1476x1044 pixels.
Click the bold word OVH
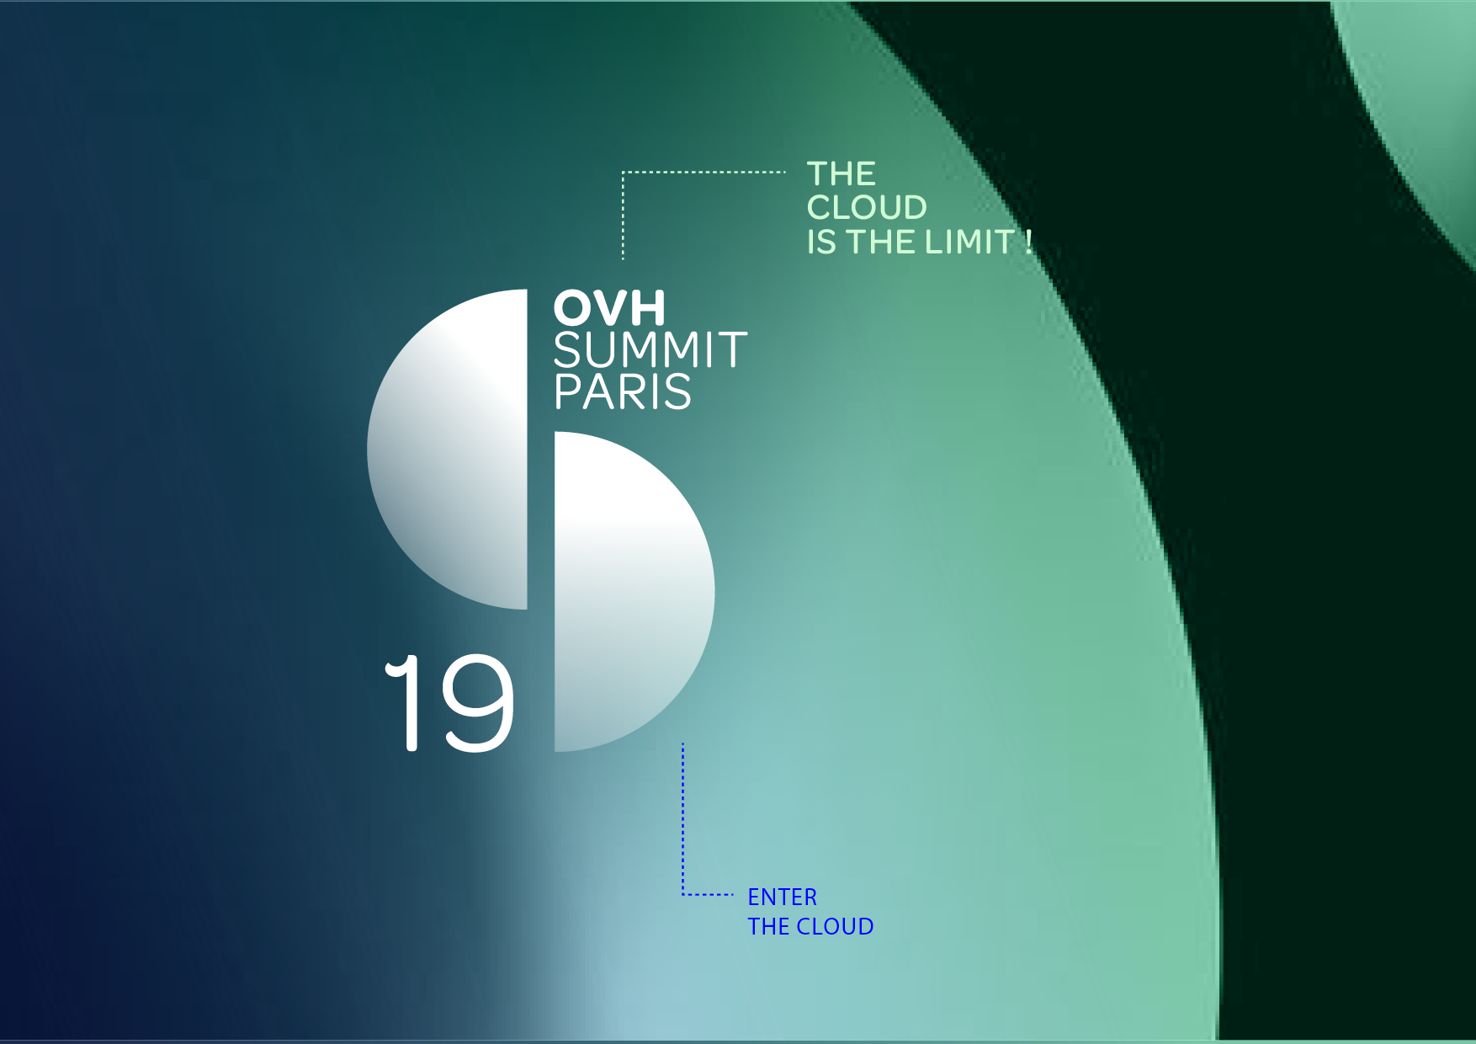(x=609, y=308)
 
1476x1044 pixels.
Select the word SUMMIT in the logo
(x=650, y=350)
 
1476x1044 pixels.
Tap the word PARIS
(x=623, y=392)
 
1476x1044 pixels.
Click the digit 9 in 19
(x=478, y=702)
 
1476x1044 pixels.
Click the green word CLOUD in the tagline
(x=867, y=208)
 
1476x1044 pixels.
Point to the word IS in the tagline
(x=821, y=242)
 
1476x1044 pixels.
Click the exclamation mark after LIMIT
(x=1028, y=242)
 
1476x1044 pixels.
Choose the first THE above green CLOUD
(x=842, y=174)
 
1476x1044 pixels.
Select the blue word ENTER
(x=783, y=898)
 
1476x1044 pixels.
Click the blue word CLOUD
(x=836, y=927)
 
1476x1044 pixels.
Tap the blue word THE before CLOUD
(x=768, y=927)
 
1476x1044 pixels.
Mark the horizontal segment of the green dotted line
(x=704, y=172)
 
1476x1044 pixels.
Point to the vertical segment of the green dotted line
(x=623, y=216)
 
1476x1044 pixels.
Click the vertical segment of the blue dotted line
(x=682, y=818)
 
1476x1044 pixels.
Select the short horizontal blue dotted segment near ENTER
(x=708, y=894)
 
